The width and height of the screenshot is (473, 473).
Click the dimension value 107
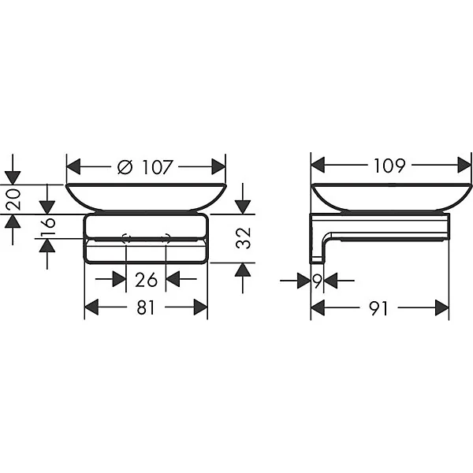click(158, 167)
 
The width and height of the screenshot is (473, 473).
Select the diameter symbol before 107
click(125, 167)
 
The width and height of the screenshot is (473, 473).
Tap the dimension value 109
click(389, 166)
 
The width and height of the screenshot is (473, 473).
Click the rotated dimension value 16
click(48, 226)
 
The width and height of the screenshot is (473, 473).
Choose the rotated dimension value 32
click(243, 238)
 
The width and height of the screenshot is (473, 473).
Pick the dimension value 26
click(146, 280)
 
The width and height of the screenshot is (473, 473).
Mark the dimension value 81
click(146, 308)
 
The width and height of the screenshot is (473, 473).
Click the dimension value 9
click(317, 281)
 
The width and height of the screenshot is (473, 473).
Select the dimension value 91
click(378, 308)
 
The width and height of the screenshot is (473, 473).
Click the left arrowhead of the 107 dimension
click(73, 166)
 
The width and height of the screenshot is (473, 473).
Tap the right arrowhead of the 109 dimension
click(464, 165)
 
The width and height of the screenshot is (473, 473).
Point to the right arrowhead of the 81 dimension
click(200, 307)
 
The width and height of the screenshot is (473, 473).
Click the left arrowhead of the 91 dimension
click(318, 308)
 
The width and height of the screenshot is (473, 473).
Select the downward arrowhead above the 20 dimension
click(13, 177)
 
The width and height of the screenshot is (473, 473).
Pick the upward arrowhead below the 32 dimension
click(243, 270)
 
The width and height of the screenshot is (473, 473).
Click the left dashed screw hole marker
click(126, 238)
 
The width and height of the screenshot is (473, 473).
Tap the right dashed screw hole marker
click(166, 238)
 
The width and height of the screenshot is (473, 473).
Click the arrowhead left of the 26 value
click(119, 279)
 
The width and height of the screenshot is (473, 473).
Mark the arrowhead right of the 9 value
click(330, 281)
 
